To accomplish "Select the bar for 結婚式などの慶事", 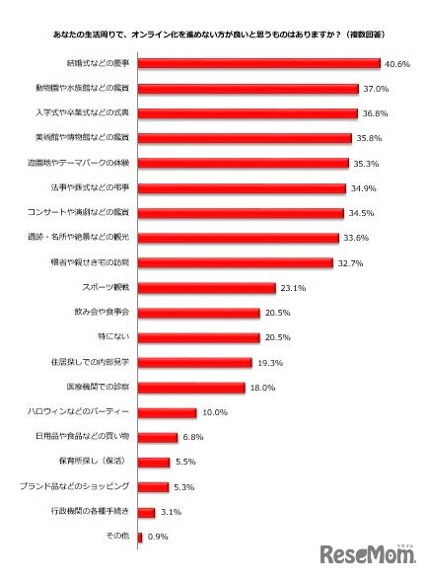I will (x=259, y=64).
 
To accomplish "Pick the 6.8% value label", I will (x=195, y=437).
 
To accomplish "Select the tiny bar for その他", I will (x=140, y=537).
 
